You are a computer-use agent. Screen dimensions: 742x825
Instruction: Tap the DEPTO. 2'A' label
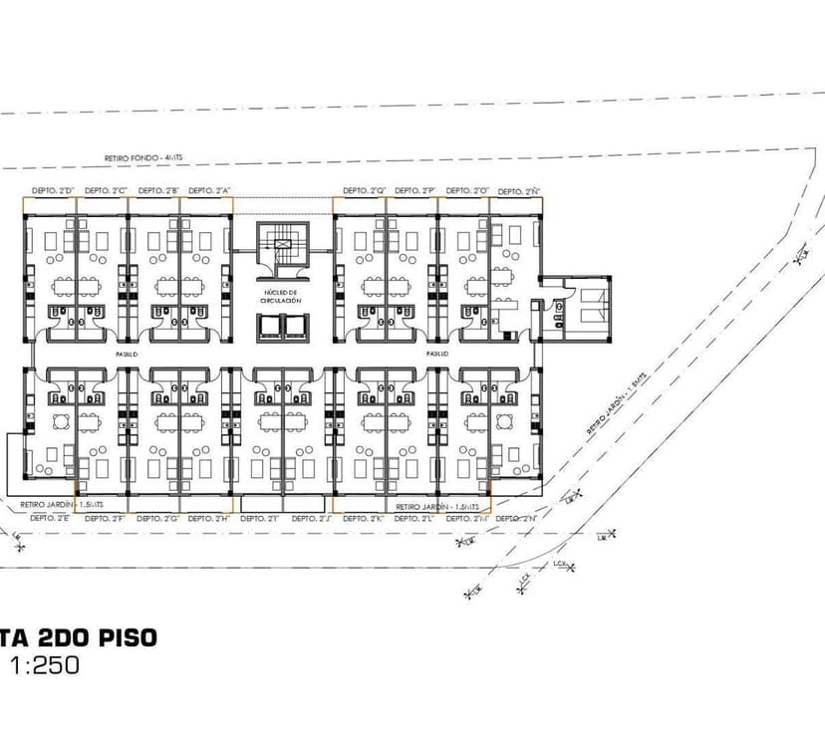[209, 191]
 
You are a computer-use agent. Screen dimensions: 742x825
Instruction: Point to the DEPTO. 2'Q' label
[365, 191]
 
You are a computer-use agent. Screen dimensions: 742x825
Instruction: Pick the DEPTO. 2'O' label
[466, 191]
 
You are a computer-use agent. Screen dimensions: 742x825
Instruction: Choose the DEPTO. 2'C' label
[106, 191]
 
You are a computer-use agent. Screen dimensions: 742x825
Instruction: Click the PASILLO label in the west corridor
[125, 354]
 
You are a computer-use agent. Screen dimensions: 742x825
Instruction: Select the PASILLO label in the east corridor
[436, 354]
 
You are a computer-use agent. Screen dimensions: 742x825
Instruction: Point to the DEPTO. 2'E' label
[50, 518]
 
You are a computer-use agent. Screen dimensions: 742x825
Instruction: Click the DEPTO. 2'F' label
[106, 518]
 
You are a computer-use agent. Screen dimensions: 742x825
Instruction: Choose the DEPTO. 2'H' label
[209, 518]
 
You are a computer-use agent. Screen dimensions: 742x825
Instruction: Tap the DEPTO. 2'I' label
[261, 518]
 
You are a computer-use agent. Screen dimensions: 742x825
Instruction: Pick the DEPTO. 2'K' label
[365, 518]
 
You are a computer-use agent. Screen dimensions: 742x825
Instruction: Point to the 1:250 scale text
[45, 665]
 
